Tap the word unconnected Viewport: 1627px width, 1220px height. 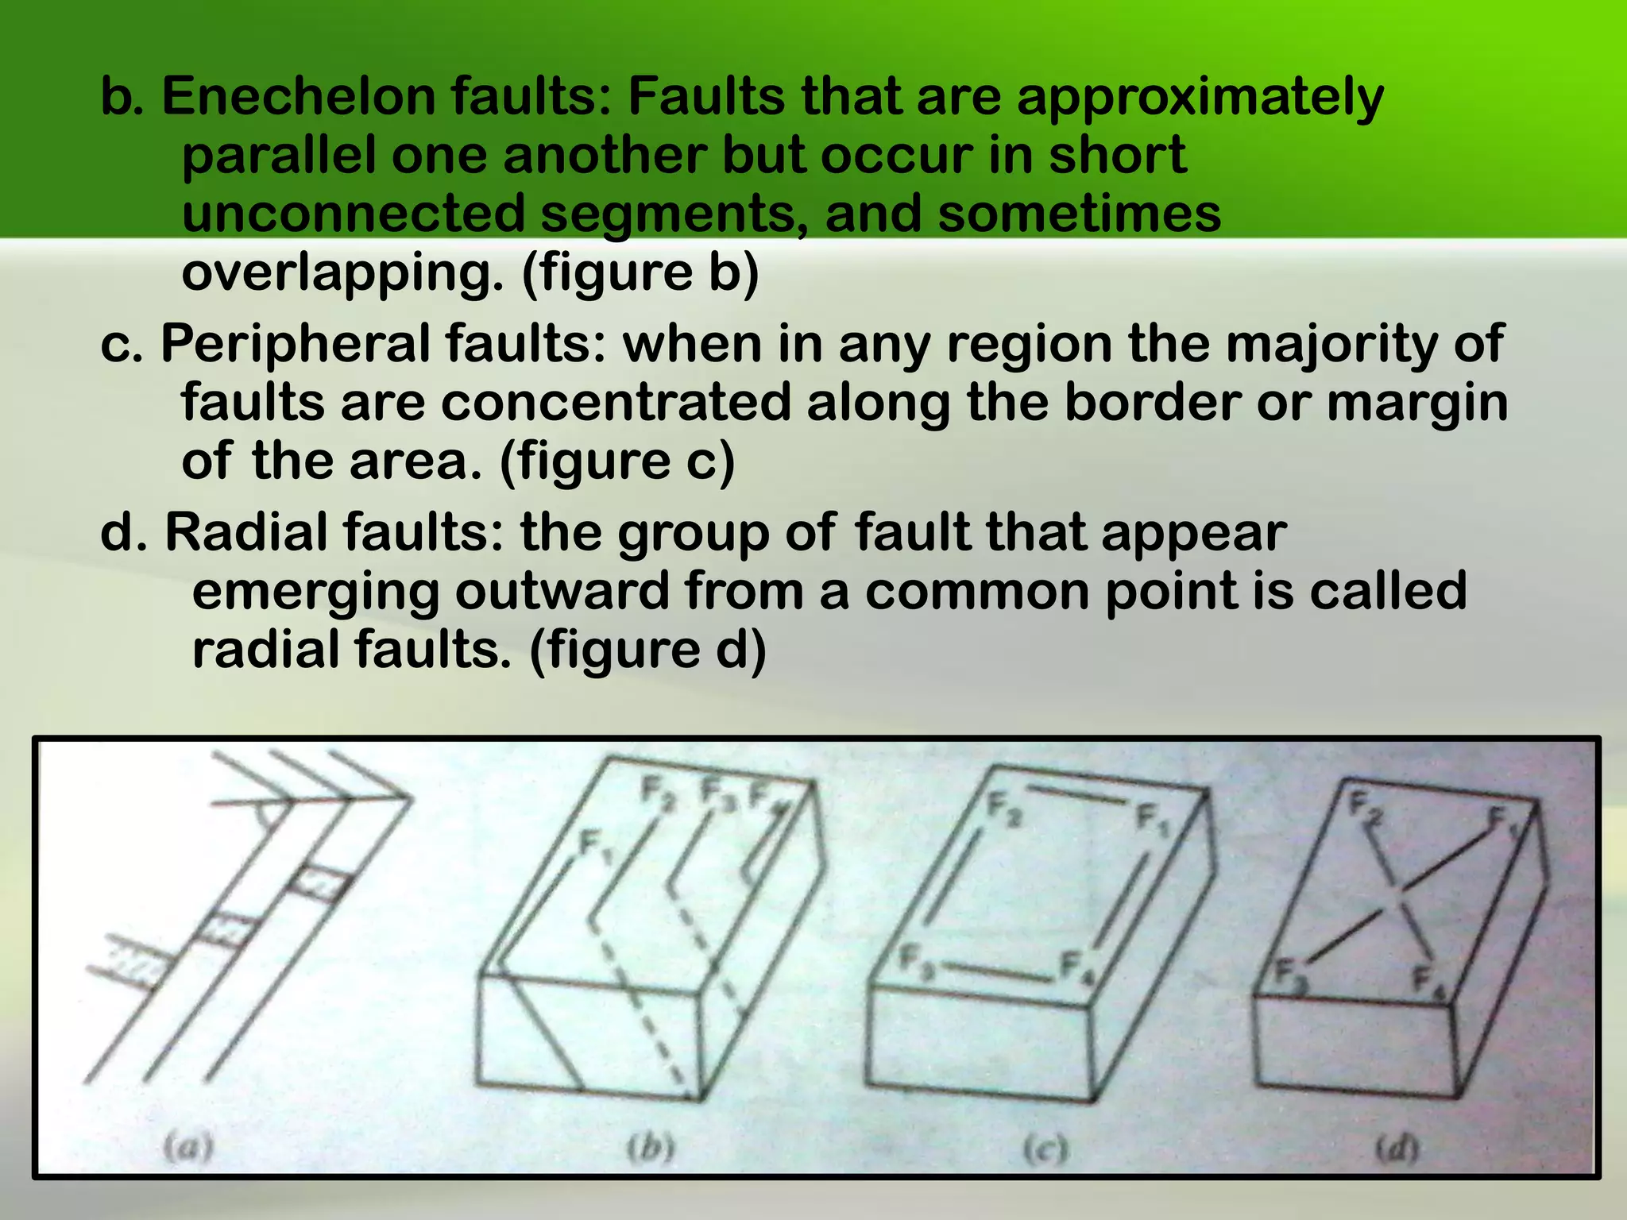tap(354, 213)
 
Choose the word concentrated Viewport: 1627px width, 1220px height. tap(616, 402)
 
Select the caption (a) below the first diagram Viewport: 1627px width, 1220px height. tap(188, 1147)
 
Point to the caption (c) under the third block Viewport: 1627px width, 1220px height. tap(1044, 1149)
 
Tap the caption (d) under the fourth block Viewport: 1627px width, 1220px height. tap(1397, 1149)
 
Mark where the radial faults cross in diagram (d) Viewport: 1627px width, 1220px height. tap(1400, 901)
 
